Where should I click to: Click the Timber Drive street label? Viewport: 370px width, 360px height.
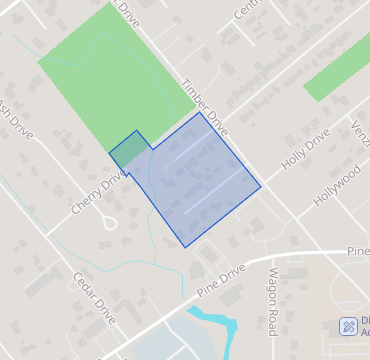(x=205, y=108)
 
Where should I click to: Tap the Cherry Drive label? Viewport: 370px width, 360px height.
(x=100, y=192)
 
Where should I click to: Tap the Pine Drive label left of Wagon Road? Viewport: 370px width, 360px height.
(x=221, y=278)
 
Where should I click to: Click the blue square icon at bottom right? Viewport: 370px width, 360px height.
(x=349, y=326)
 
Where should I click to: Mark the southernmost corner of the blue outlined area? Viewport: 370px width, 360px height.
(x=184, y=247)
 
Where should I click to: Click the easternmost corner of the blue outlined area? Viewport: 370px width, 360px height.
(x=261, y=186)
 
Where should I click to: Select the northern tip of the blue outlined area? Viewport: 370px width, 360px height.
(x=200, y=112)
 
